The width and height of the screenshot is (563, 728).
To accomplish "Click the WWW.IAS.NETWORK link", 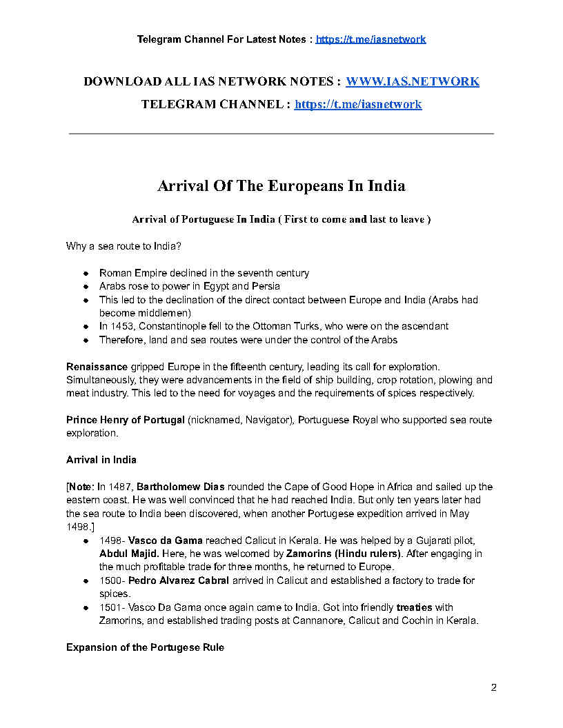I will [x=412, y=81].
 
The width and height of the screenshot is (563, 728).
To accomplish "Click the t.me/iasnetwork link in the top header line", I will [x=371, y=39].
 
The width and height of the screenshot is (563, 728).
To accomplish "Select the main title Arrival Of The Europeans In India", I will [x=281, y=186].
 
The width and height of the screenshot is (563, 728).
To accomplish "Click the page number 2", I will [x=493, y=687].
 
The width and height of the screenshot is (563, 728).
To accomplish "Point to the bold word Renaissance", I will [x=97, y=366].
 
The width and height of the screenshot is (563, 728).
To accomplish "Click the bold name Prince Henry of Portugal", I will [x=125, y=420].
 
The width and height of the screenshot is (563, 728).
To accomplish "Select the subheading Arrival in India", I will [x=101, y=460].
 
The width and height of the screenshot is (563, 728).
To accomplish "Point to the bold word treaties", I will [x=414, y=607].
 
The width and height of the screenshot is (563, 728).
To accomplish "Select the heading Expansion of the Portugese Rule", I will [x=145, y=647].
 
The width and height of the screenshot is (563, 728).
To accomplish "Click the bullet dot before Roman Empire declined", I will [x=86, y=273].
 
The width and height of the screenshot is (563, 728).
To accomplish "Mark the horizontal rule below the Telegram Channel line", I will [x=281, y=133].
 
